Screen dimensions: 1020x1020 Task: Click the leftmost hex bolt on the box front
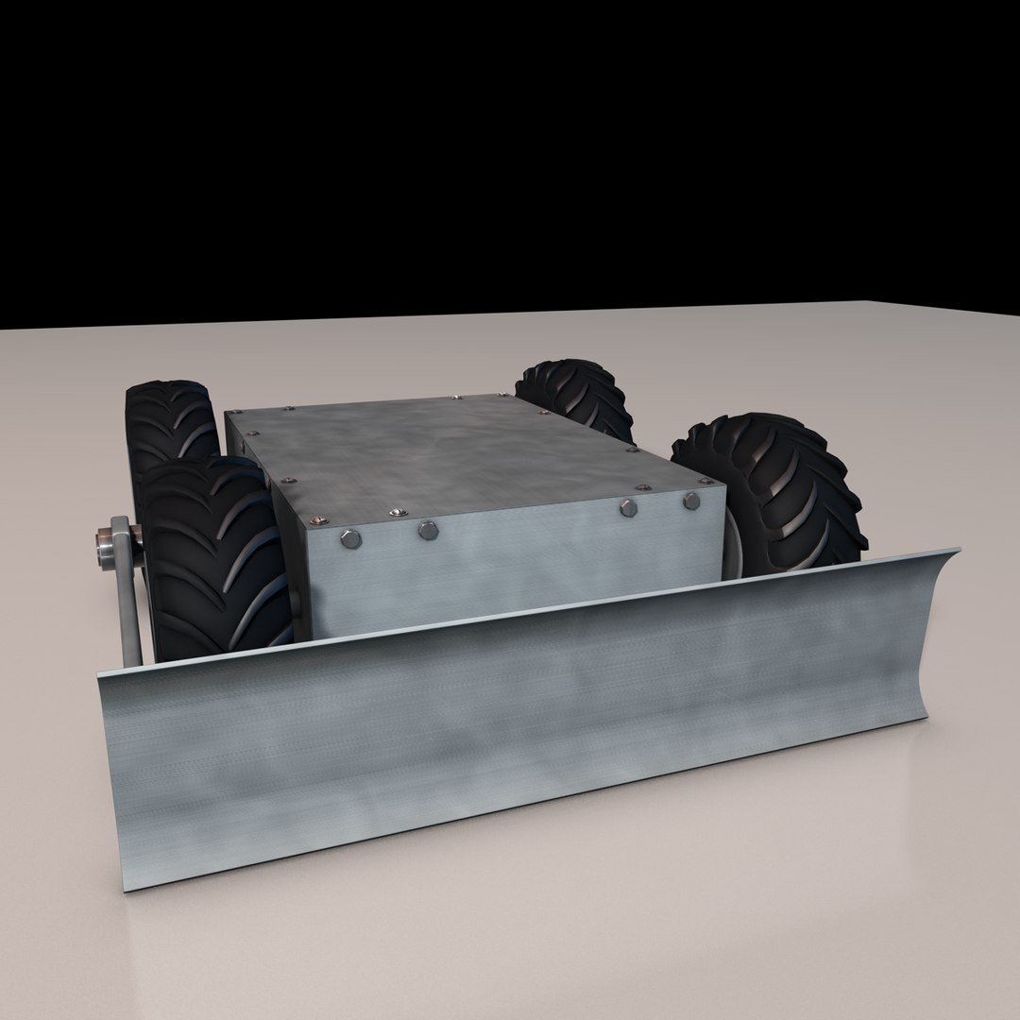pyautogui.click(x=350, y=539)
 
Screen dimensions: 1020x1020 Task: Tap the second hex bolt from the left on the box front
pyautogui.click(x=428, y=531)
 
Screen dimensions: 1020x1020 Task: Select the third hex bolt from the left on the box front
pyautogui.click(x=628, y=508)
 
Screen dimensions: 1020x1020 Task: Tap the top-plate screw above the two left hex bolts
pyautogui.click(x=396, y=512)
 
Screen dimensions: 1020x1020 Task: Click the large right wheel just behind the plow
pyautogui.click(x=774, y=491)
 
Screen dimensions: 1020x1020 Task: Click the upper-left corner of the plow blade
pyautogui.click(x=98, y=672)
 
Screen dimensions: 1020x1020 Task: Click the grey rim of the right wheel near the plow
pyautogui.click(x=732, y=548)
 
